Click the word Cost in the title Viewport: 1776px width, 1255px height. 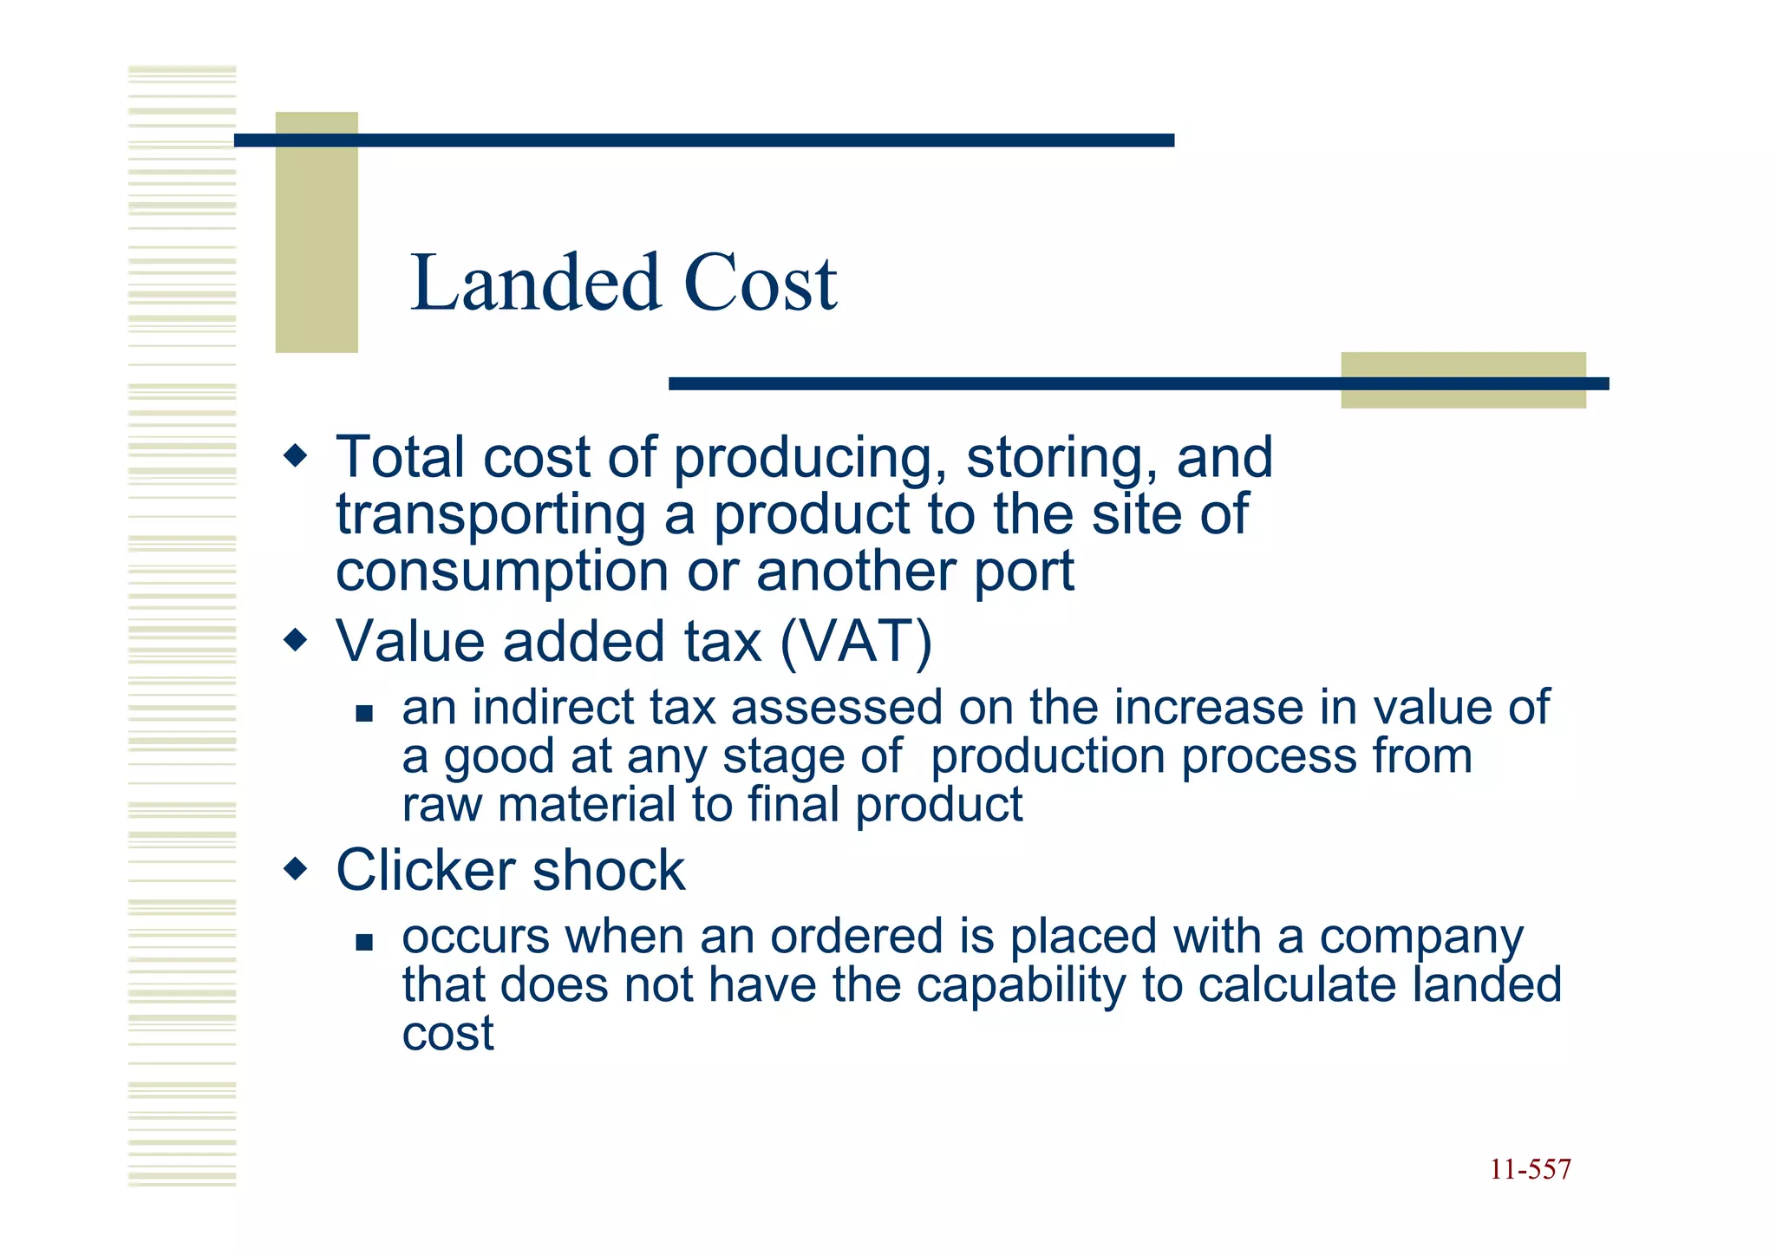click(761, 283)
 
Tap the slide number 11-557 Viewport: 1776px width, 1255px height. click(1530, 1169)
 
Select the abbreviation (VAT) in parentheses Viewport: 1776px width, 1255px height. click(856, 641)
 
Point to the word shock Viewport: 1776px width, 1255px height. click(609, 870)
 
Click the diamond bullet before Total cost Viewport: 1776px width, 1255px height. click(296, 455)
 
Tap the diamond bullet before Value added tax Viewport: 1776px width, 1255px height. click(296, 641)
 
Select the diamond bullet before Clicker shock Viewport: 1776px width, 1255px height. click(296, 868)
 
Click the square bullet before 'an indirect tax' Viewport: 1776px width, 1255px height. click(364, 714)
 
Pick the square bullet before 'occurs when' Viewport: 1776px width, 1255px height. click(364, 942)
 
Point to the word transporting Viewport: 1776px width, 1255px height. click(491, 516)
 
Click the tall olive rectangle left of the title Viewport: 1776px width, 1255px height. click(317, 232)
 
